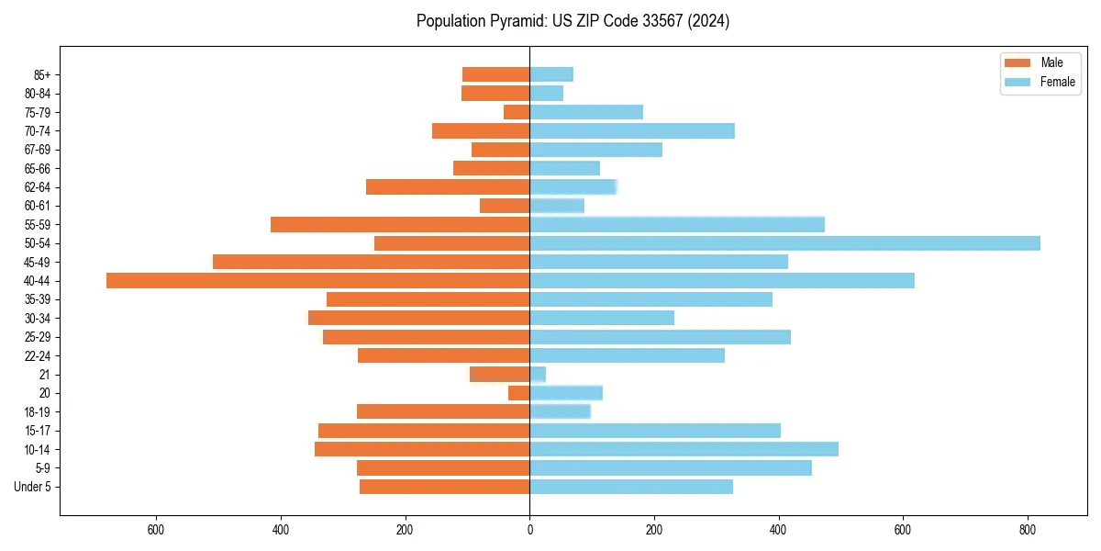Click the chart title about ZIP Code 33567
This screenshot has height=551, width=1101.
coord(573,21)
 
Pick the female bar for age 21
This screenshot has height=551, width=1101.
coord(538,375)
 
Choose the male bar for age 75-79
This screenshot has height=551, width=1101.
coord(517,112)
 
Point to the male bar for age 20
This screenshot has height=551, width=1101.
coord(519,393)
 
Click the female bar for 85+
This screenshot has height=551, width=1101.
coord(551,74)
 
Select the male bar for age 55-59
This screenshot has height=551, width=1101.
coord(400,224)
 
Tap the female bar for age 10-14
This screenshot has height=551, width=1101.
coord(684,449)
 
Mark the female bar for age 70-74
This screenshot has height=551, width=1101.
coord(632,130)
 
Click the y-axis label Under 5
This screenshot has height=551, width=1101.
coord(32,487)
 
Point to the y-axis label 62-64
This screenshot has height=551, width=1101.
coord(38,187)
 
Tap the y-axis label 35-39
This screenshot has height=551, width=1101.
coord(38,299)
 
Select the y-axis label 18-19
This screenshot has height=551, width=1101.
coord(38,412)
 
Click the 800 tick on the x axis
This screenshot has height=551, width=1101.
coord(1029,530)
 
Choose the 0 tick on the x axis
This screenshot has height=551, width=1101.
coord(529,530)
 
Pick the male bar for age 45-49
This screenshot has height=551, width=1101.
coord(372,262)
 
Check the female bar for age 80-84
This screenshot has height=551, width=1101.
coord(546,93)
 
